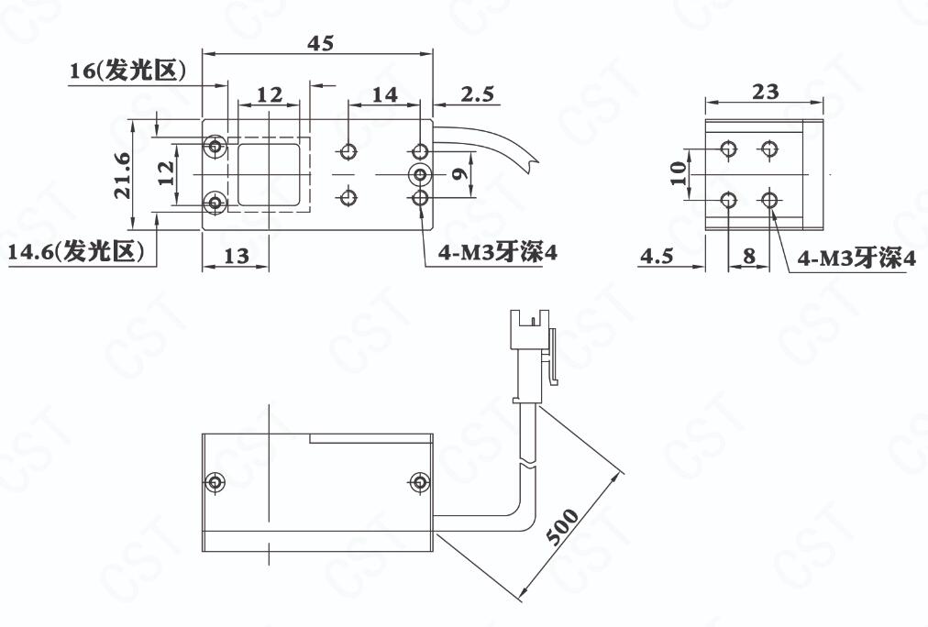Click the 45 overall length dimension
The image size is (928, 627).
click(321, 43)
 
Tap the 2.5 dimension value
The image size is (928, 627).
click(478, 94)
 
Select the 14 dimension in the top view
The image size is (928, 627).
click(385, 94)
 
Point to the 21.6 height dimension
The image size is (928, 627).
click(123, 175)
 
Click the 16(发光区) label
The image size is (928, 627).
click(127, 71)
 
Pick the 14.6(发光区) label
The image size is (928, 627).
click(76, 252)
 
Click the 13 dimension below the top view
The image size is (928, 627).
click(237, 256)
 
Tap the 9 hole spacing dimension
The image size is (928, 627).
click(459, 173)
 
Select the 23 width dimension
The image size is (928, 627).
click(766, 92)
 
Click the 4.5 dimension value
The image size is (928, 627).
click(657, 256)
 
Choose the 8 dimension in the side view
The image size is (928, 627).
click(749, 256)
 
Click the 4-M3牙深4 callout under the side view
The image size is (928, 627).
click(856, 258)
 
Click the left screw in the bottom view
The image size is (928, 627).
click(215, 481)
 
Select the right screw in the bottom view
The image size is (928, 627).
click(420, 481)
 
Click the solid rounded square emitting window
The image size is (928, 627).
click(268, 174)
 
